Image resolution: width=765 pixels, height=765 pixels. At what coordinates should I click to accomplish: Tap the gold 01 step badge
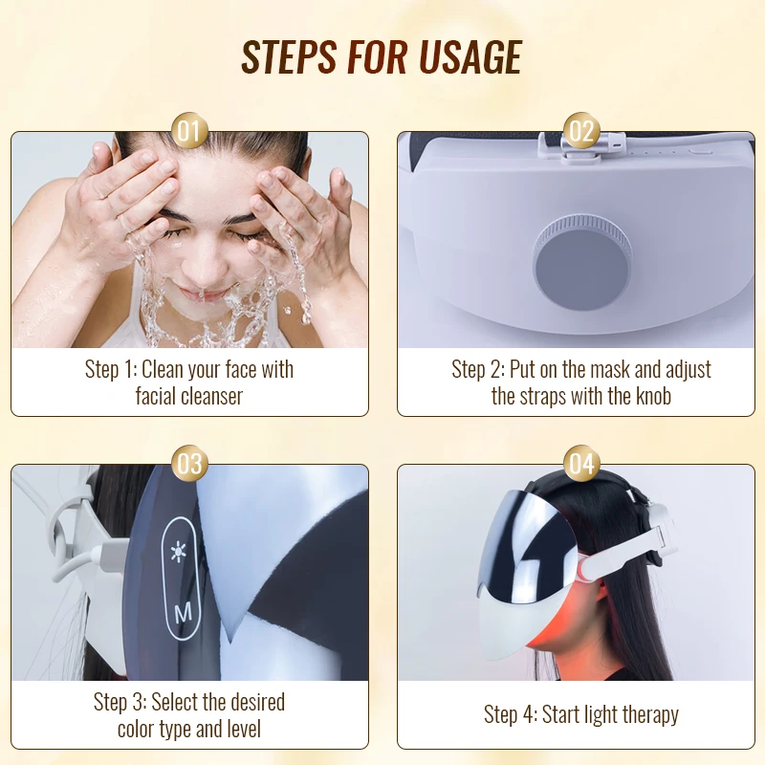[x=189, y=131]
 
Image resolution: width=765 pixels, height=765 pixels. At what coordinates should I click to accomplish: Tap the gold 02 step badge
[x=581, y=131]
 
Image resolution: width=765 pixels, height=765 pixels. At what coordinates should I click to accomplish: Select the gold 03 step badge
[x=189, y=464]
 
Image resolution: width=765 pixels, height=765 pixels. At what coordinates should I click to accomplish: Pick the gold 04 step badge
[x=581, y=464]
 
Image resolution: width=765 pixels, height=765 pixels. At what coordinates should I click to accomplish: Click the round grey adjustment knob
[x=582, y=264]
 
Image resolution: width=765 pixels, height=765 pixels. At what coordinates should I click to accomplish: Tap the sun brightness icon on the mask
[x=179, y=552]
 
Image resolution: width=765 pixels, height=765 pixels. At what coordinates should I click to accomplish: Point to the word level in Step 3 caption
[x=243, y=729]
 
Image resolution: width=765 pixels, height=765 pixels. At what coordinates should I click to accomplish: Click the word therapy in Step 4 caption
[x=650, y=715]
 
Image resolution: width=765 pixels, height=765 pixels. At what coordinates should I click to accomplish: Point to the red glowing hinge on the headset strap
[x=582, y=569]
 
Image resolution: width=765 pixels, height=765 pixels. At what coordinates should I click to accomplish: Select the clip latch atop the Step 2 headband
[x=581, y=145]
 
